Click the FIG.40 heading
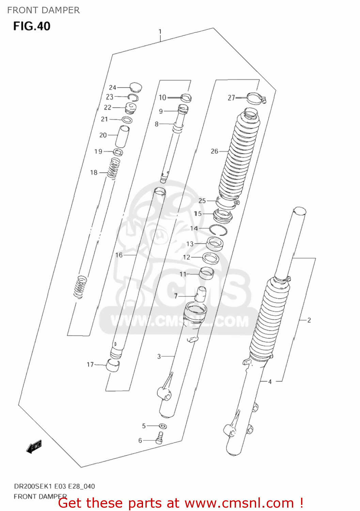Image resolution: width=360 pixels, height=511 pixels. point(32,26)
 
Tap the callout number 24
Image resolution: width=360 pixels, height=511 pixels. point(112,88)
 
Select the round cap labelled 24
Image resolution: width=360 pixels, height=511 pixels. point(136,87)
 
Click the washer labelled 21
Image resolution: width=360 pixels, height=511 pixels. point(127,120)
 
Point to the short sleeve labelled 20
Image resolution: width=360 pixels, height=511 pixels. point(122,136)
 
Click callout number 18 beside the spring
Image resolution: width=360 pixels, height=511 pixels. point(94,173)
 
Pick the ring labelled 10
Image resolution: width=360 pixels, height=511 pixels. point(186,98)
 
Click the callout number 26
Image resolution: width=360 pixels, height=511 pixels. point(214,151)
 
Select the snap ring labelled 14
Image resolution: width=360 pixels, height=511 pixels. point(218,230)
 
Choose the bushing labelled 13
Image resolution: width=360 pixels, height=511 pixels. point(215,244)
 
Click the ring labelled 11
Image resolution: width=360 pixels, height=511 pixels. point(206,273)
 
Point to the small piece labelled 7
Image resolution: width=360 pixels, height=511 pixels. point(200,294)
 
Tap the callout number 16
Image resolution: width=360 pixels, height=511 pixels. point(119,255)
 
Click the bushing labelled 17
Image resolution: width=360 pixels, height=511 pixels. point(113,365)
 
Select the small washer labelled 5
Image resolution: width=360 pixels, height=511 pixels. point(163,426)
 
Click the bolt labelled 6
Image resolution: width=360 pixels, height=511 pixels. point(160,438)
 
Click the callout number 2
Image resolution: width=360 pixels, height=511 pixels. point(309,320)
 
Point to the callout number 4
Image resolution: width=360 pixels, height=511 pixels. point(270,382)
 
